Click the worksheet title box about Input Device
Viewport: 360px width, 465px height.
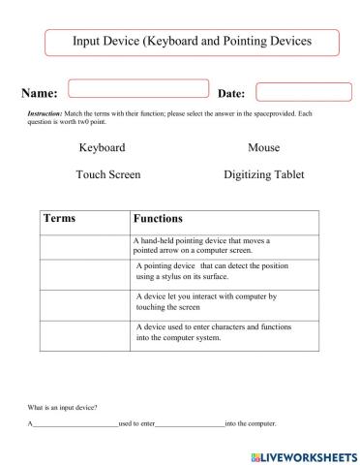tap(193, 43)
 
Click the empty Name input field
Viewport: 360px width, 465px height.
tap(138, 89)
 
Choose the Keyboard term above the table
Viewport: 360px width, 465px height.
tap(102, 148)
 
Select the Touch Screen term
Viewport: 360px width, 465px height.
tap(107, 175)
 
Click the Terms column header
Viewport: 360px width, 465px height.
tap(65, 220)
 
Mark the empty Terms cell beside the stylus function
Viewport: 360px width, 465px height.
tap(84, 272)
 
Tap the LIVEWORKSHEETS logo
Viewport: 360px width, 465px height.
tap(296, 453)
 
